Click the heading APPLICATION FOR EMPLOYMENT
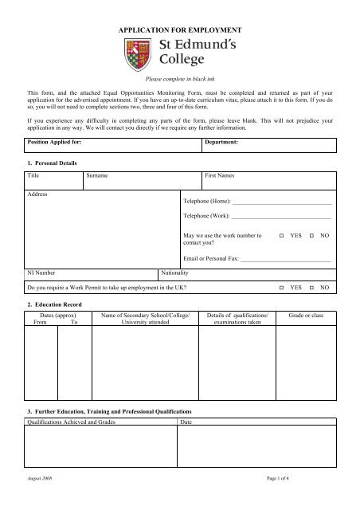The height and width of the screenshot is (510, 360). pyautogui.click(x=179, y=28)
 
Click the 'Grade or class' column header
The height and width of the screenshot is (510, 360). pyautogui.click(x=306, y=316)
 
